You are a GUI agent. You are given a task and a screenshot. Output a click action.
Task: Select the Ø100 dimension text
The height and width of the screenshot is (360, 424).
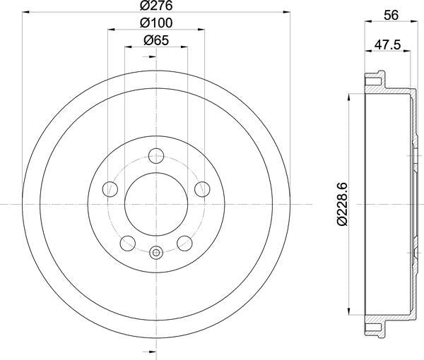pos(156,23)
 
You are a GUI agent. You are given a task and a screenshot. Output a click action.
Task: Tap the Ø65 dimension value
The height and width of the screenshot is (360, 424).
pos(156,41)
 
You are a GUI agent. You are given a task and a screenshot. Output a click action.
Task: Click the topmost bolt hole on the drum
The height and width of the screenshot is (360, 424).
pos(156,155)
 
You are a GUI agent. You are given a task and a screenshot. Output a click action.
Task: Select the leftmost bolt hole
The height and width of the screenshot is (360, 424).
pos(110,188)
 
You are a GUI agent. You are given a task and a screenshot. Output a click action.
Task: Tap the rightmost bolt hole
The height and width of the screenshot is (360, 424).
pos(203,188)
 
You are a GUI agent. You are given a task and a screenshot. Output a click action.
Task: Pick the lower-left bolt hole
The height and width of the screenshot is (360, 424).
pos(127,243)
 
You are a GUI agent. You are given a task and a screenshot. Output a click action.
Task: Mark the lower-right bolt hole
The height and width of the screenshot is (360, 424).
pos(185,243)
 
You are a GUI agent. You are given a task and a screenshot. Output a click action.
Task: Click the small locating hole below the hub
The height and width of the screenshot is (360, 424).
pos(156,251)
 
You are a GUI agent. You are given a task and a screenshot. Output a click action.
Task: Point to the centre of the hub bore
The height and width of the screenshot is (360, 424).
pos(156,204)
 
